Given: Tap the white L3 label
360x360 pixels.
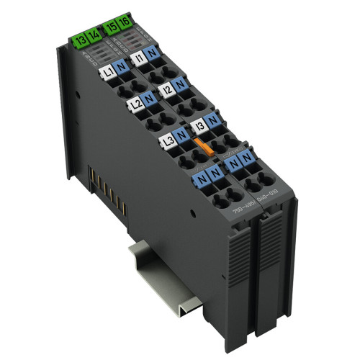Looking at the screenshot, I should tap(166, 140).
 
